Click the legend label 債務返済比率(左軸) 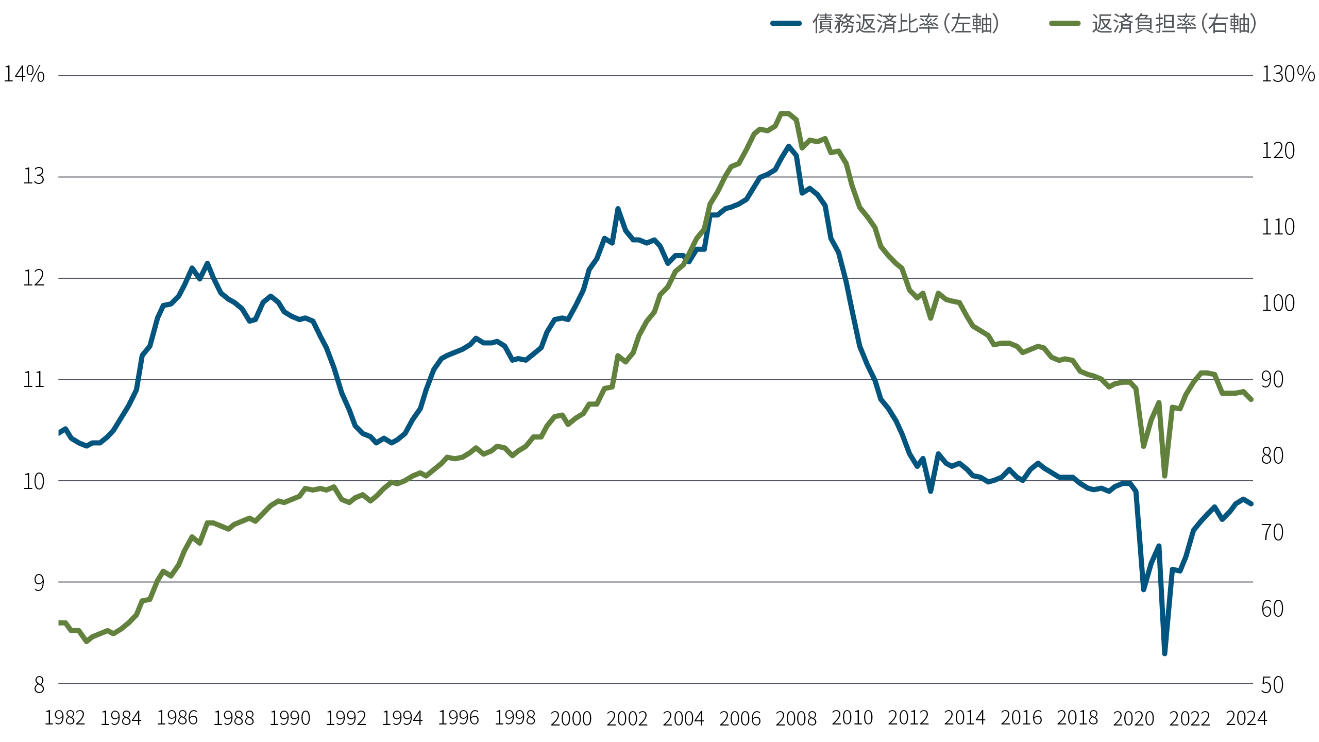[905, 24]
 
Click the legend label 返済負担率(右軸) [1174, 24]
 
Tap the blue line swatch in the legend [786, 23]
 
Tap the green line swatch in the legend [1064, 23]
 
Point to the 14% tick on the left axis [24, 74]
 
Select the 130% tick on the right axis [1288, 74]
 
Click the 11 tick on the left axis [33, 380]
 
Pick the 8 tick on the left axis [39, 685]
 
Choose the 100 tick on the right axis [1278, 303]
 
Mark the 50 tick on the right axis [1272, 685]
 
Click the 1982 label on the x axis [64, 718]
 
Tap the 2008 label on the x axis [796, 718]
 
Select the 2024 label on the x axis [1246, 718]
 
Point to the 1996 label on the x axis [458, 718]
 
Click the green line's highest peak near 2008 [785, 113]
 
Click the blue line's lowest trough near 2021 [1164, 653]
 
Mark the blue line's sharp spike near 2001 [618, 209]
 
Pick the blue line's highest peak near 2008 [789, 146]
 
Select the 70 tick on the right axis [1272, 532]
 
